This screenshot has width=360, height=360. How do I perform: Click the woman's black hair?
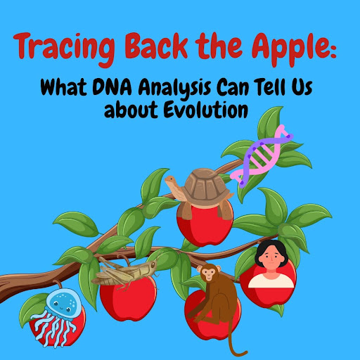point(271,248)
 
